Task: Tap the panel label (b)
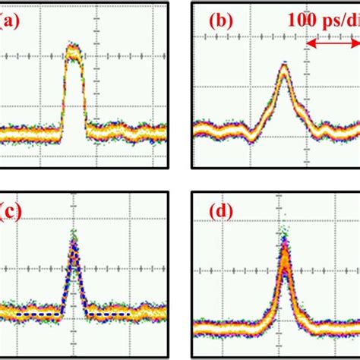point(220,21)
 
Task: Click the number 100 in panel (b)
point(302,21)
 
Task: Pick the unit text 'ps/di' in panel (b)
point(340,21)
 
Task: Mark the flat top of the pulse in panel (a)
point(73,52)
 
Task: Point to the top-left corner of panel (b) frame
point(192,2)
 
